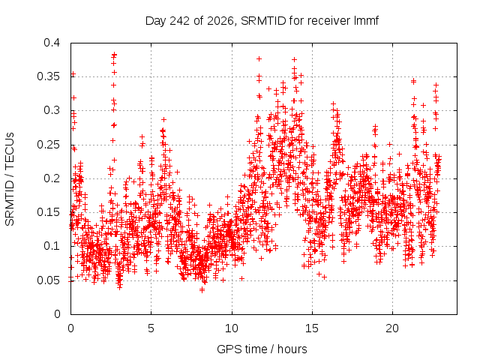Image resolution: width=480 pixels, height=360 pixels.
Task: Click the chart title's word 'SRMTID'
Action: pos(263,21)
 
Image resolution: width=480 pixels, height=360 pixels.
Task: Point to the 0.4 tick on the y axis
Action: pos(52,43)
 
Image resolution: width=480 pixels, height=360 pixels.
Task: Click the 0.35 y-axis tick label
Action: pos(48,76)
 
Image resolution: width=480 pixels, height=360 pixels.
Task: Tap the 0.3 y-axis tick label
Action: pos(52,110)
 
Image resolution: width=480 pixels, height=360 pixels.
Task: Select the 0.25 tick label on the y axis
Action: pos(48,145)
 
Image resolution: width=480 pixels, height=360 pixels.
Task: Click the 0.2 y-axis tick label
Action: pos(52,178)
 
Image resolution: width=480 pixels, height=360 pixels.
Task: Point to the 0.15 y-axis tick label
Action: pos(48,212)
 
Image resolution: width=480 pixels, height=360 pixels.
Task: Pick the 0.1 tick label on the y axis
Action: pos(52,246)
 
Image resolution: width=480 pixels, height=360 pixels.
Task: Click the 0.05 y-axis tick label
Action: pos(48,280)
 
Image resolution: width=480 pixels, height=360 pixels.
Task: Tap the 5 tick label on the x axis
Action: pos(151,328)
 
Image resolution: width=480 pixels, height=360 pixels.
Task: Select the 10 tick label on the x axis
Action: pos(232,328)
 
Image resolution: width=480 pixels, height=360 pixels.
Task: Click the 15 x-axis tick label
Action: pos(312,328)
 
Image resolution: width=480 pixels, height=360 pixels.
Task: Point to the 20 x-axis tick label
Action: pos(392,328)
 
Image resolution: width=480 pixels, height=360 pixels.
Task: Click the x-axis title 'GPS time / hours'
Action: pos(262,349)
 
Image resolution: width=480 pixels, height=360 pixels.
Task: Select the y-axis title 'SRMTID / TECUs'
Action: pos(10,179)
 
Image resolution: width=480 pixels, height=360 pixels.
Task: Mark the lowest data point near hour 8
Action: pos(202,289)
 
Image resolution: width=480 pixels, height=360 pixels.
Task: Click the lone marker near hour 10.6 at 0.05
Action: pos(241,278)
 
